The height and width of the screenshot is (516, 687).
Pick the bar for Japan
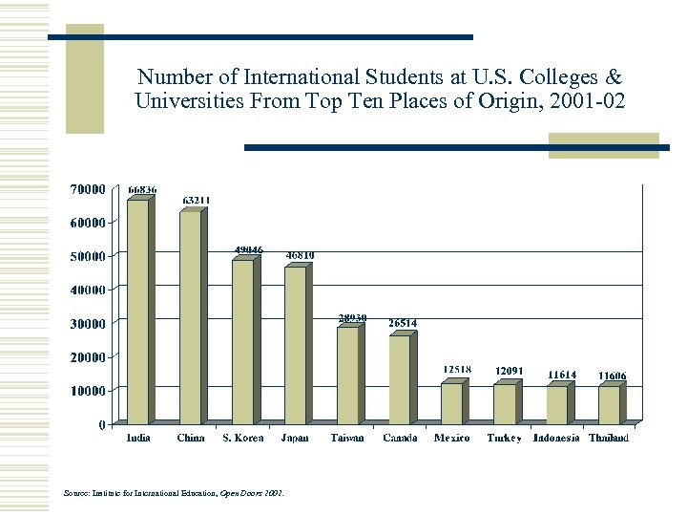[296, 345]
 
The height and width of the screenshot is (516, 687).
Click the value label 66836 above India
[143, 189]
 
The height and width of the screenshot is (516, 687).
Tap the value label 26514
[403, 323]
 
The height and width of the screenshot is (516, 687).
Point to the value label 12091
[509, 371]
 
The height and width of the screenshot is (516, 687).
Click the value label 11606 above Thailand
[613, 376]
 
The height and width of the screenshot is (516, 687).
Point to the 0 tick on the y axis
[102, 424]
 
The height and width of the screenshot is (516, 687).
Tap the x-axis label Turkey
[504, 439]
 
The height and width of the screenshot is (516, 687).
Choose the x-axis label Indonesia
[556, 439]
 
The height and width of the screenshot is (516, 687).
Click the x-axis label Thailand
[609, 439]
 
